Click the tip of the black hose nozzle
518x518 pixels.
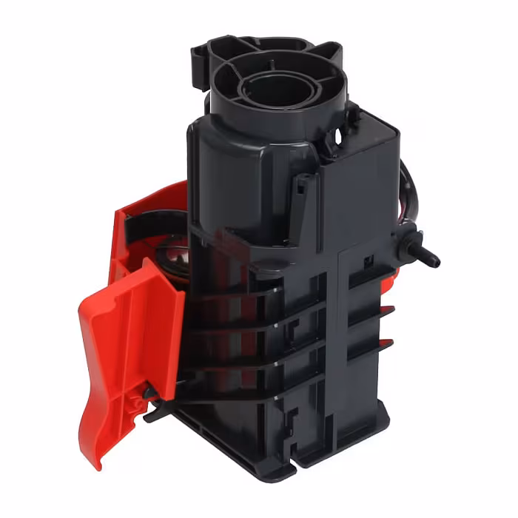pos(434,261)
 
